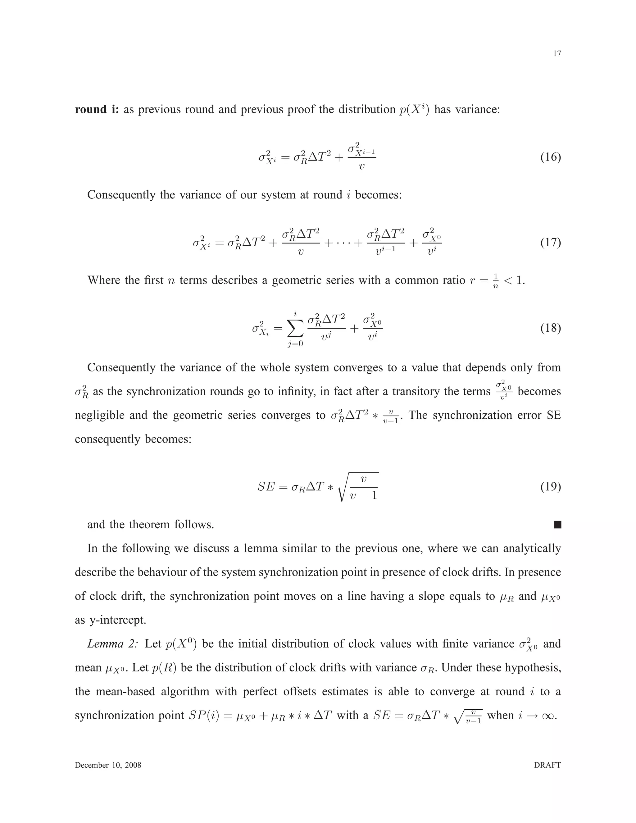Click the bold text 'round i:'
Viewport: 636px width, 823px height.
click(97, 109)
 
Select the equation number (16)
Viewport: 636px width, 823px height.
click(551, 157)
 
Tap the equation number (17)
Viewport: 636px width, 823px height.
click(551, 242)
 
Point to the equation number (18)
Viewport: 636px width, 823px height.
click(551, 328)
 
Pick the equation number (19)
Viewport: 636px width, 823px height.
click(551, 487)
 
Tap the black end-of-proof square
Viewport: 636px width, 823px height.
click(557, 525)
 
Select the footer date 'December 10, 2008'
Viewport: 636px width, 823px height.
click(108, 765)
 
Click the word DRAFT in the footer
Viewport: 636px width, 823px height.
click(547, 765)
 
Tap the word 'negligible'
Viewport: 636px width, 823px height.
click(100, 415)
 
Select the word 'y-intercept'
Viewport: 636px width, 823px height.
click(117, 620)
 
